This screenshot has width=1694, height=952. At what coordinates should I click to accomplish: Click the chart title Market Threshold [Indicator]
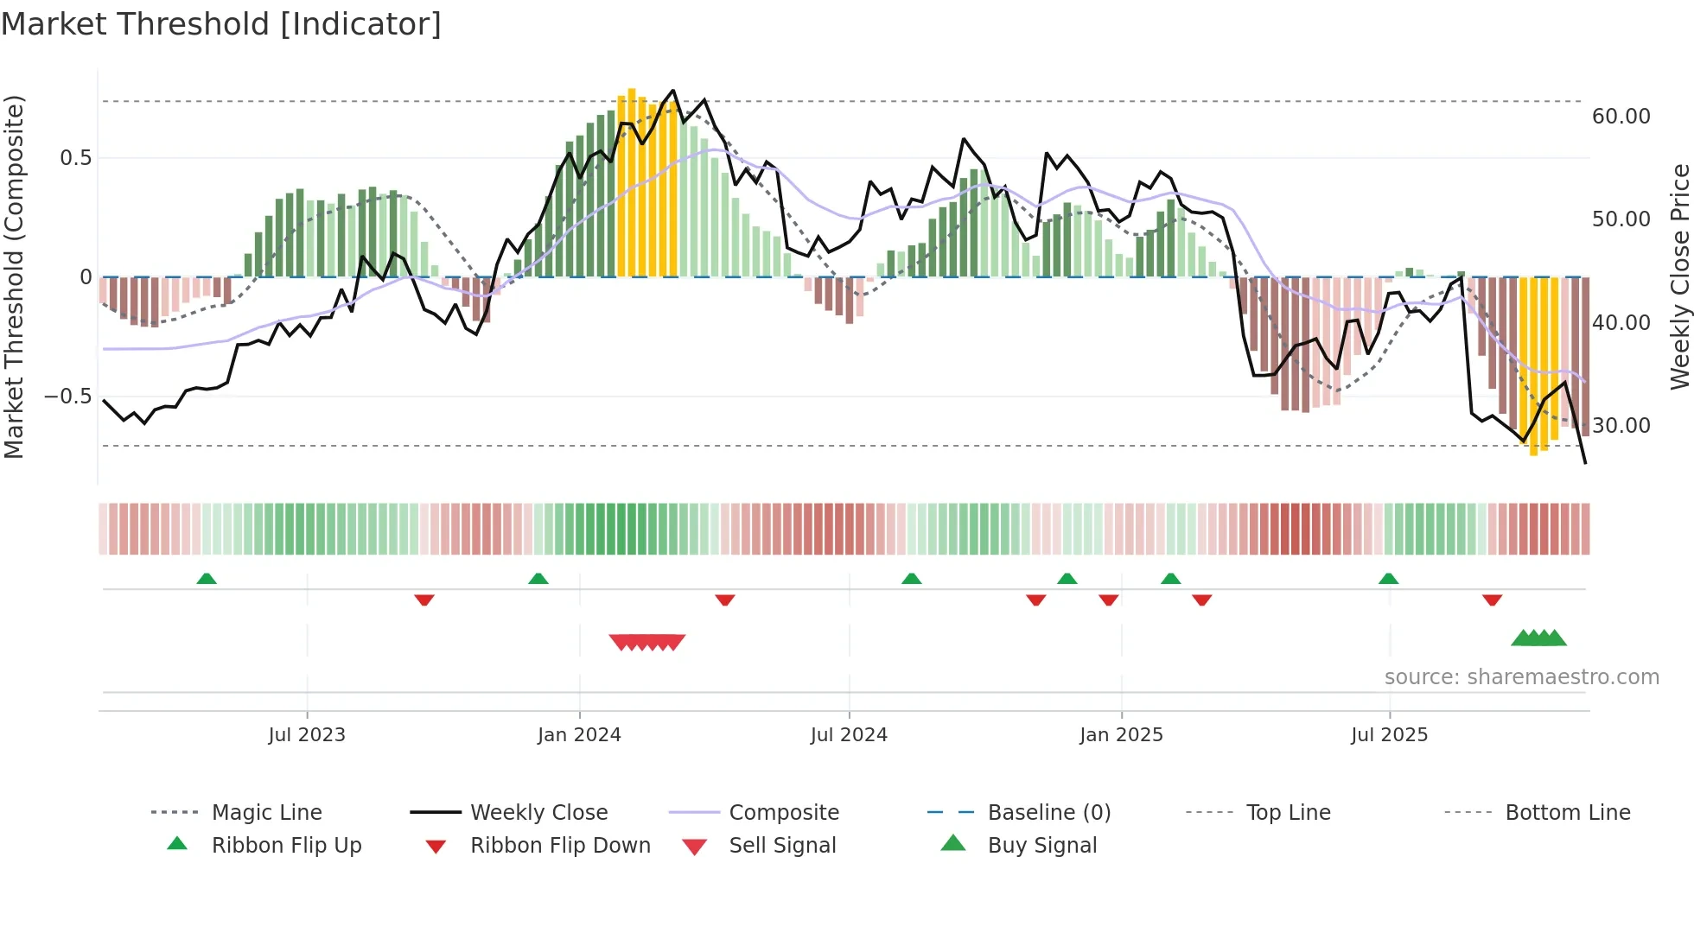(x=221, y=24)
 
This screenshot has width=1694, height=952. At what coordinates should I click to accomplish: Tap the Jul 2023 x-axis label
(x=306, y=735)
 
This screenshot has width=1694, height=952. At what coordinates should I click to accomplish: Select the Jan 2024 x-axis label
(x=579, y=735)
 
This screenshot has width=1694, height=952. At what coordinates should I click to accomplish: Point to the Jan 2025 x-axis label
(x=1121, y=735)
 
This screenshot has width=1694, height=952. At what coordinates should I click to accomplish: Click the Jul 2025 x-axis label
(x=1389, y=735)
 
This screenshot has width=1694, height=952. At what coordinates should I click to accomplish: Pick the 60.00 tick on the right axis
(x=1621, y=117)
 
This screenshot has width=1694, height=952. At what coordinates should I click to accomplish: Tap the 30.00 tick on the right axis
(x=1621, y=426)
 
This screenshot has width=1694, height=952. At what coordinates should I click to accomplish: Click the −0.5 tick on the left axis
(x=67, y=397)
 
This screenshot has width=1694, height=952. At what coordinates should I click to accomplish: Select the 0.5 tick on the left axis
(x=75, y=158)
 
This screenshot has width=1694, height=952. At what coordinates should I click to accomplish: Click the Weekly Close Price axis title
(x=1679, y=276)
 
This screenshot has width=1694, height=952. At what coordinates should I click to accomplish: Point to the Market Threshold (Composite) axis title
(x=14, y=276)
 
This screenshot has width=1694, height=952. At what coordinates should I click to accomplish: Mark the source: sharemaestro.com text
(x=1521, y=677)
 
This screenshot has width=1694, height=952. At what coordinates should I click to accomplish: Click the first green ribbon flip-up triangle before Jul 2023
(x=206, y=579)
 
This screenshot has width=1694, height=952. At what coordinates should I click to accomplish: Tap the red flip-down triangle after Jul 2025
(x=1492, y=600)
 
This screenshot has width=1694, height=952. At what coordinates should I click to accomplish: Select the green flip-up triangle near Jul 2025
(x=1388, y=579)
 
